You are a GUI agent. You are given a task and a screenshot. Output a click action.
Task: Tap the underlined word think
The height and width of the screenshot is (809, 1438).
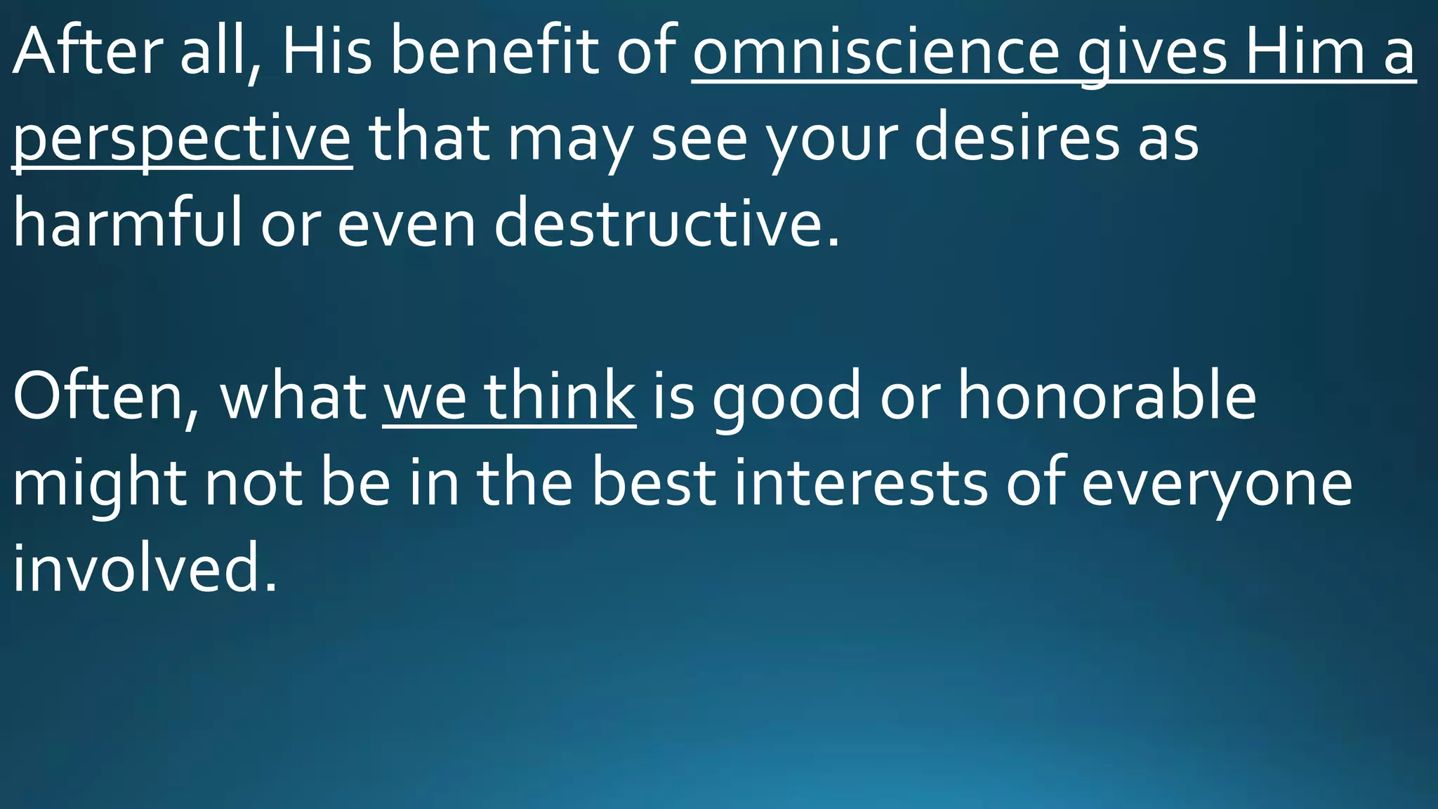[x=560, y=397]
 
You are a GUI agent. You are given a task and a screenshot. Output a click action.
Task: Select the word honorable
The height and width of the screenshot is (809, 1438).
[x=1107, y=397]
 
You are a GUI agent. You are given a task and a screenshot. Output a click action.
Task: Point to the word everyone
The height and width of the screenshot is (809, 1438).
[x=1216, y=484]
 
